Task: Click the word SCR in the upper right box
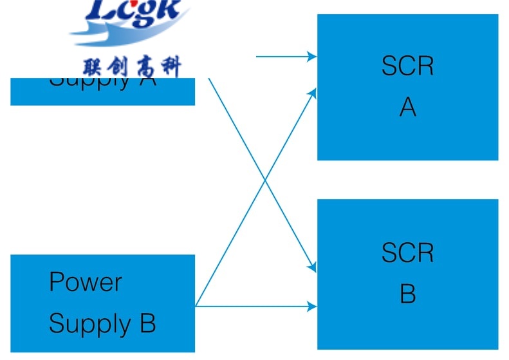click(407, 66)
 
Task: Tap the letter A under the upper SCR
click(407, 108)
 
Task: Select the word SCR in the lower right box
click(407, 252)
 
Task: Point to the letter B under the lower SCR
click(407, 294)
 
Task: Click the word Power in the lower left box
click(86, 283)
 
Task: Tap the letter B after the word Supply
click(147, 323)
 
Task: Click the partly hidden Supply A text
click(103, 82)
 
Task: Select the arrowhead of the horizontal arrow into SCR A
click(313, 57)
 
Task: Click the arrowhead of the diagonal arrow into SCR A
click(313, 93)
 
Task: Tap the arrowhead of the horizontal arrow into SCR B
click(313, 307)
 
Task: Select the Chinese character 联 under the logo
click(94, 66)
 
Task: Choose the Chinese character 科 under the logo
click(170, 66)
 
